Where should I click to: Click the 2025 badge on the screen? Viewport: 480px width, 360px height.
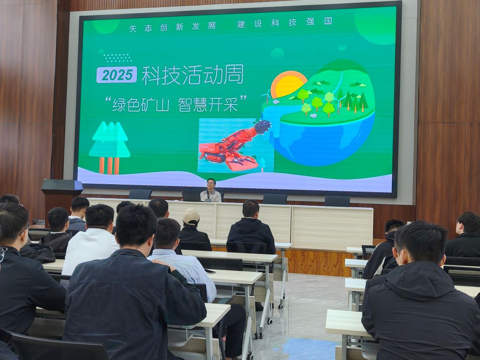117,75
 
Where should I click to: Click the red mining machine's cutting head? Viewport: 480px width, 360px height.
262,127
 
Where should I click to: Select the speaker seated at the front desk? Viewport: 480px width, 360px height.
211,190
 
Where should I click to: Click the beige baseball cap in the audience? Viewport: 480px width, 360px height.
191,216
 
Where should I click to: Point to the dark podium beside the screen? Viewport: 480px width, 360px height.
62,196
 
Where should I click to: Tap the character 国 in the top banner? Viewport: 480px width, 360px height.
328,21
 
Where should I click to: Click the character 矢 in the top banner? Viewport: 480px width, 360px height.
133,29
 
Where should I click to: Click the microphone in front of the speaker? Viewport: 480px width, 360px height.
208,196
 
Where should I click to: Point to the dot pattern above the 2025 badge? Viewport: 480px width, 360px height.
118,58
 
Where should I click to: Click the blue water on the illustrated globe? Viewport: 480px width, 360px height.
324,141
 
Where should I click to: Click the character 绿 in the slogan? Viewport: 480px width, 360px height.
119,105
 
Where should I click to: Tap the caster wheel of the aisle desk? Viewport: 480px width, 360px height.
270,321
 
